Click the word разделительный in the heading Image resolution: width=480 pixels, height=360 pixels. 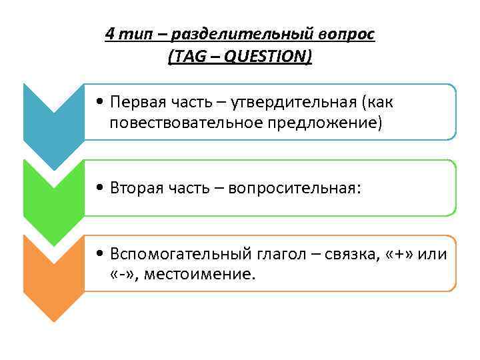click(241, 34)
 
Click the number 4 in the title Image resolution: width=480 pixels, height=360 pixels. click(109, 34)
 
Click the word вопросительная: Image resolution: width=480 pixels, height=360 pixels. click(294, 189)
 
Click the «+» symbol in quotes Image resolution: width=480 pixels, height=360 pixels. click(396, 255)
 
